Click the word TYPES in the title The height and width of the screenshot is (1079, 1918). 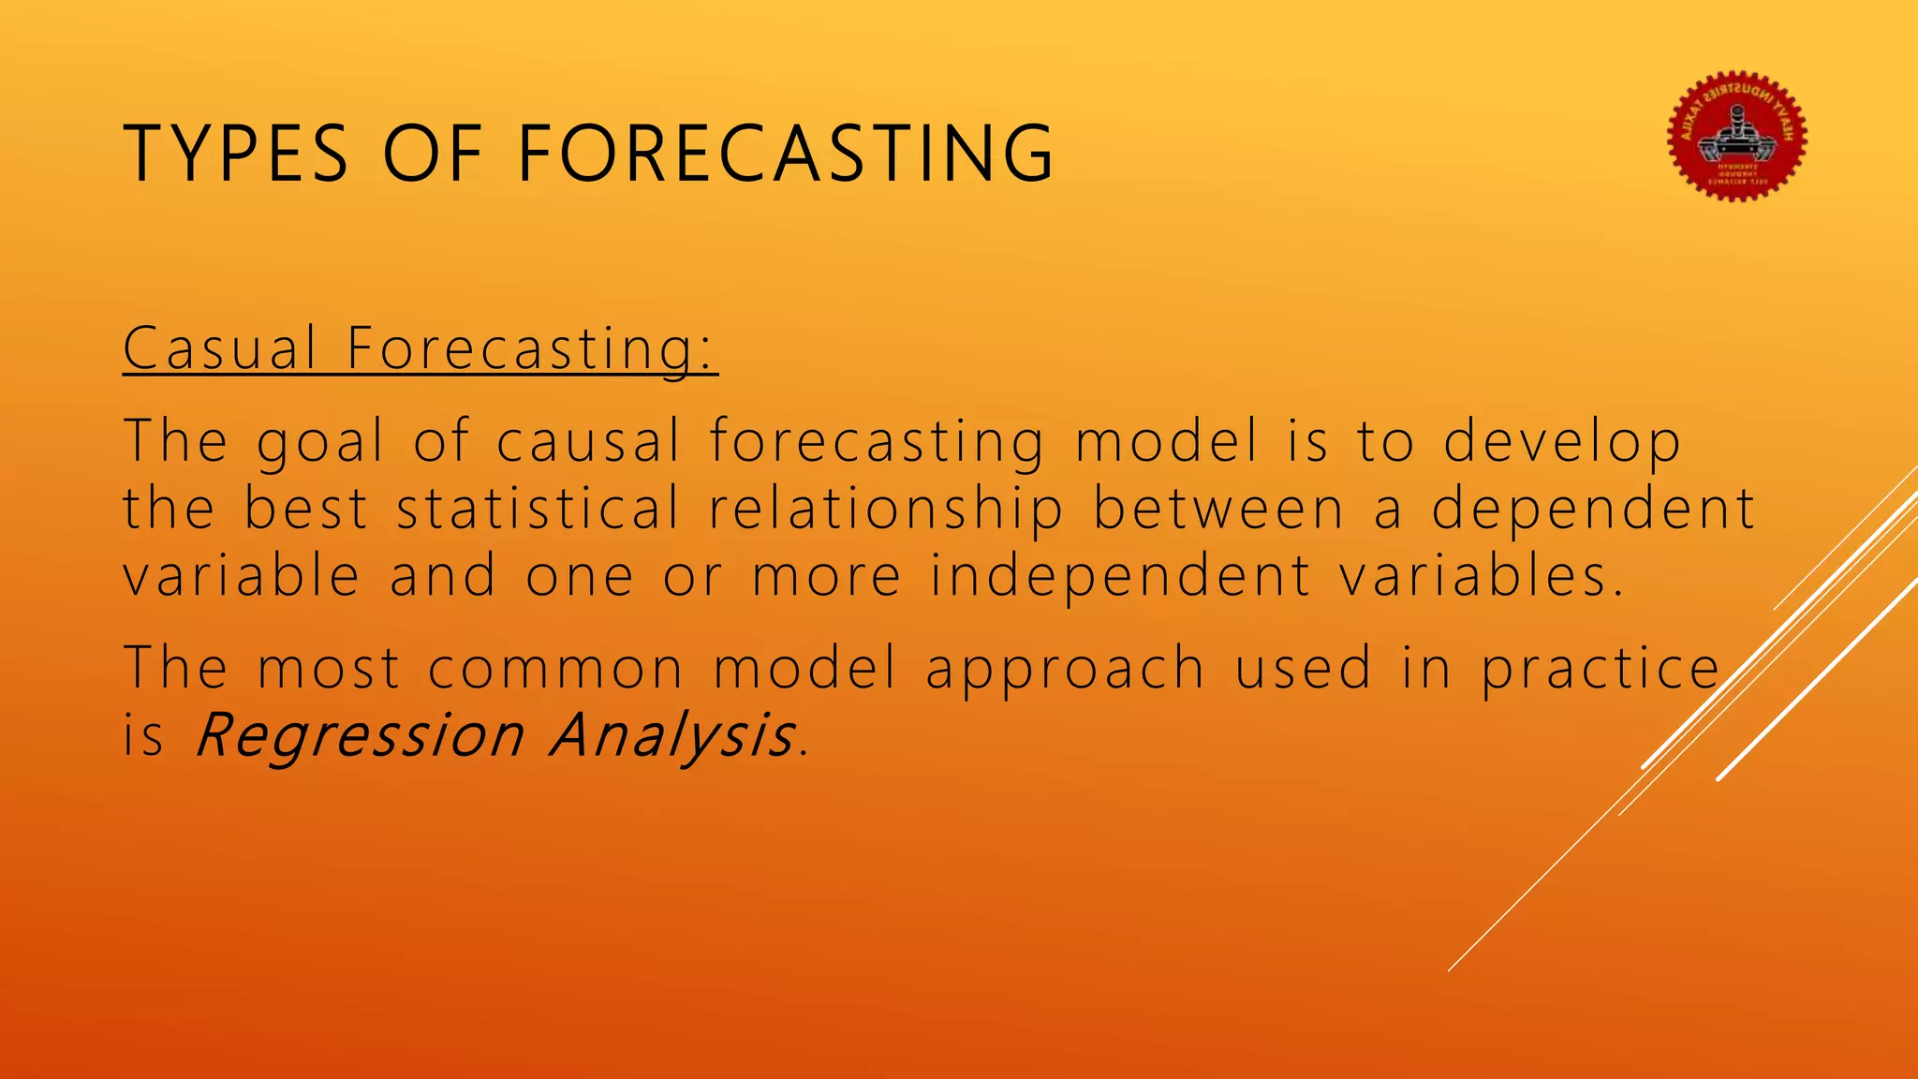click(x=236, y=153)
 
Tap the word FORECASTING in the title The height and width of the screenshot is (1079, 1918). click(x=786, y=153)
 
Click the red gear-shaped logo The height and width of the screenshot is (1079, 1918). click(x=1737, y=137)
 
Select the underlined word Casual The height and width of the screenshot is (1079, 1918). click(x=220, y=348)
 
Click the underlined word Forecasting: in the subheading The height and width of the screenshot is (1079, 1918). click(x=531, y=348)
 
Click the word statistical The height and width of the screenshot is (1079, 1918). click(x=538, y=509)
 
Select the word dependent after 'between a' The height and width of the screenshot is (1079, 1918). click(x=1593, y=509)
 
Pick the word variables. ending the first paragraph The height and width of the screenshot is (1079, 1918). click(x=1482, y=575)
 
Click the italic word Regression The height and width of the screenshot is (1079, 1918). click(x=360, y=735)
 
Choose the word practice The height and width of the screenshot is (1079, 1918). click(x=1601, y=669)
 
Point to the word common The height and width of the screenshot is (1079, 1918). click(x=556, y=669)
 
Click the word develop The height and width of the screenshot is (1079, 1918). click(x=1561, y=442)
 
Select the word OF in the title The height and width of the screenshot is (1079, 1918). click(x=432, y=153)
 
